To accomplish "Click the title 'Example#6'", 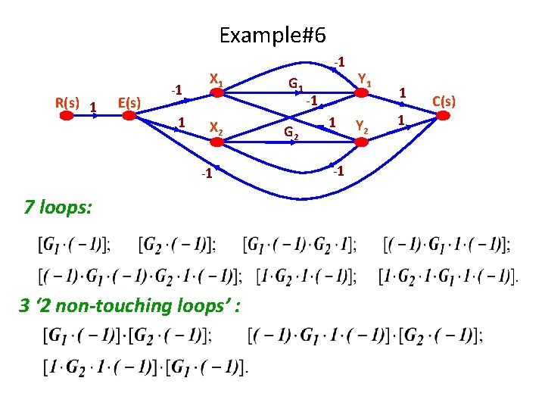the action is pos(272,35).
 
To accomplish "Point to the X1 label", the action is pos(215,78).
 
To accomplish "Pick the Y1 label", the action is pos(364,77).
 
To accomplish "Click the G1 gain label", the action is pos(297,84).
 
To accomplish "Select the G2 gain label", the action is pos(291,133).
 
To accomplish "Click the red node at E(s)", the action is pos(129,116).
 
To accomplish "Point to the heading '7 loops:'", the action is pos(59,205).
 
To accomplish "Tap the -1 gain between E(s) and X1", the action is pos(175,90).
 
